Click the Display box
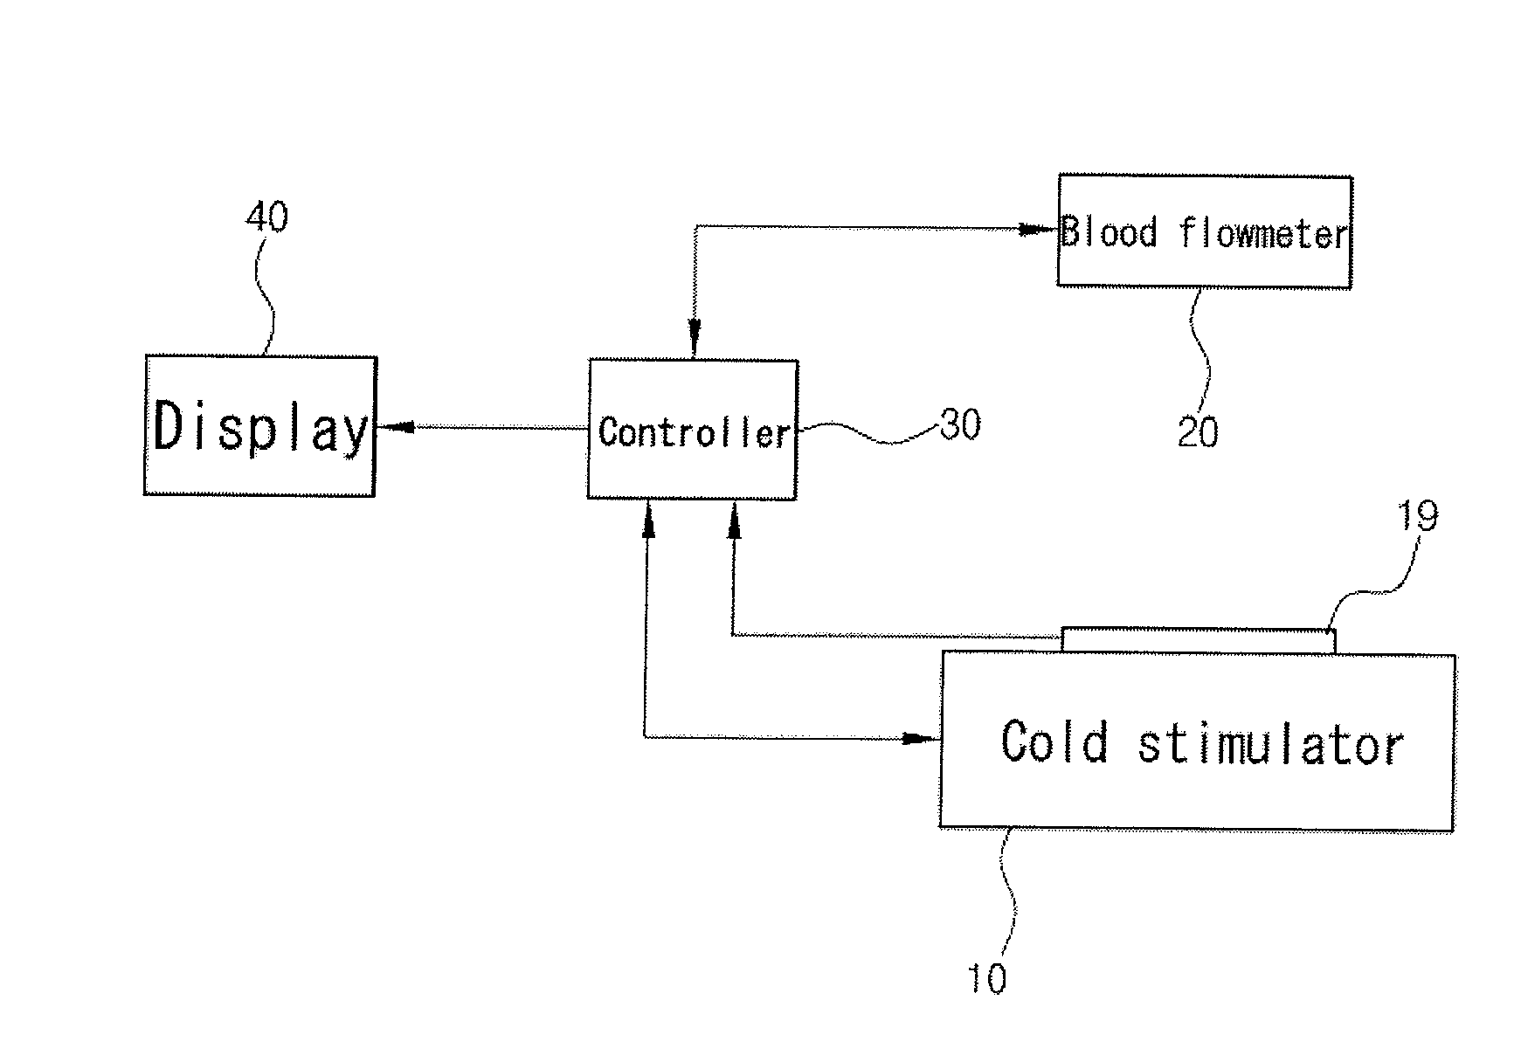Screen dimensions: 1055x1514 click(x=259, y=426)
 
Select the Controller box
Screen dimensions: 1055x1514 click(x=692, y=429)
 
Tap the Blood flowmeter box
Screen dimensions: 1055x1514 click(x=1204, y=231)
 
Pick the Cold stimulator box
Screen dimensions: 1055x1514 click(x=1197, y=741)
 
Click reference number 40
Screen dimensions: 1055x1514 click(x=266, y=216)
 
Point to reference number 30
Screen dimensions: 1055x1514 click(x=960, y=424)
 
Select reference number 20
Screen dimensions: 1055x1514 click(x=1197, y=431)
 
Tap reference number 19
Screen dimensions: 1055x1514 click(x=1417, y=516)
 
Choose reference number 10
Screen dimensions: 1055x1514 click(x=986, y=978)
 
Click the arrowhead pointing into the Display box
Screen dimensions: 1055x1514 click(x=395, y=427)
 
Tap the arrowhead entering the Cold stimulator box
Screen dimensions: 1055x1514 click(x=920, y=738)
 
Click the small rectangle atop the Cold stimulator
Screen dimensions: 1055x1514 click(x=1198, y=640)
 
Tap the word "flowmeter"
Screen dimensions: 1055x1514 click(x=1262, y=233)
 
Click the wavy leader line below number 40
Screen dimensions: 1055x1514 click(x=266, y=293)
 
